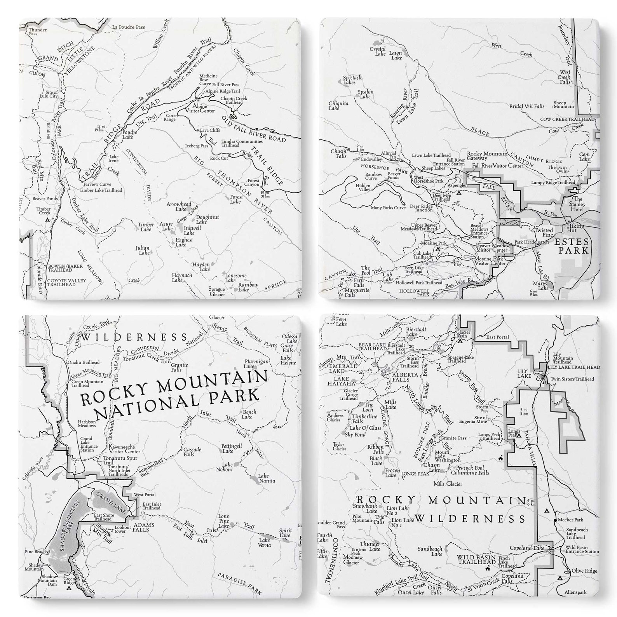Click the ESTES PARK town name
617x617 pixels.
click(573, 246)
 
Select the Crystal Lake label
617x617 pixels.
click(377, 51)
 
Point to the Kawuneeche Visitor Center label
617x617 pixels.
click(124, 449)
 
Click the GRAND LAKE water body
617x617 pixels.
click(110, 502)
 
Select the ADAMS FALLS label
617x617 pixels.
click(143, 527)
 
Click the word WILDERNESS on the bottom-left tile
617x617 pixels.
click(135, 336)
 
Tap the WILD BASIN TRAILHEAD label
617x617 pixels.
click(476, 559)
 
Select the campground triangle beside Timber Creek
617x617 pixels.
click(47, 220)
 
